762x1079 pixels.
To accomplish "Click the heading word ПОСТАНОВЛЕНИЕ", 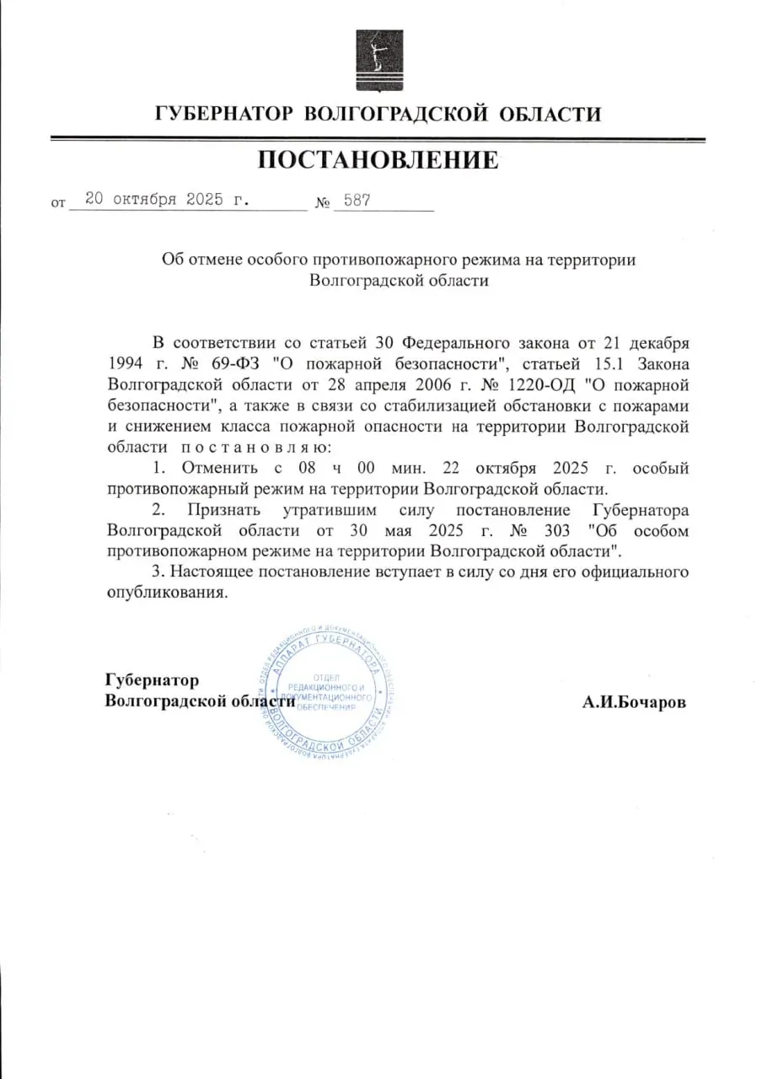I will coord(378,159).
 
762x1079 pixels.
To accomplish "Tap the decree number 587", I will coord(357,201).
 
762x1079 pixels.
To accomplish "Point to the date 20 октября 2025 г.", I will coord(168,201).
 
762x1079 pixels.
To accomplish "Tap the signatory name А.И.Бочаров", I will coord(634,701).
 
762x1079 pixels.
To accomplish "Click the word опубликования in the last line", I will coord(169,593).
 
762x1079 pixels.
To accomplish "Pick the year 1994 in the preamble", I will coord(126,364).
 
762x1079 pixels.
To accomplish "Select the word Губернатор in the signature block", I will coord(152,680).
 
